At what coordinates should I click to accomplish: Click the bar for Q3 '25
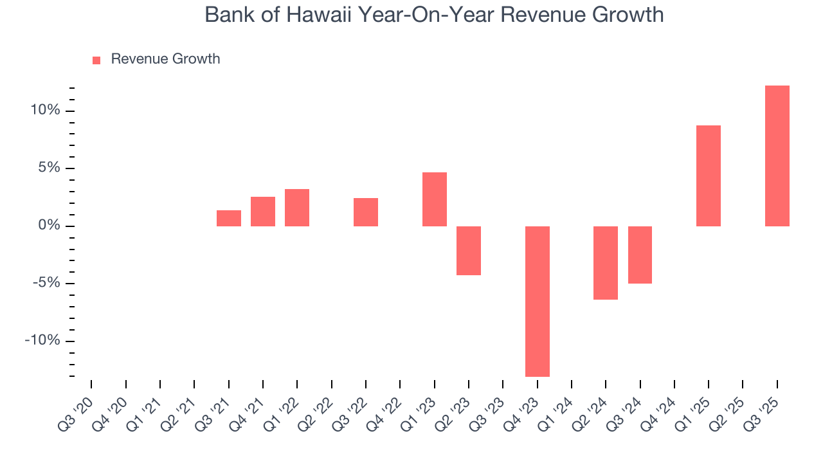[x=777, y=156]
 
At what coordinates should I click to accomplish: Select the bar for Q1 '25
[x=708, y=176]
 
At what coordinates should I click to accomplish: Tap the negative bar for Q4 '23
[x=537, y=301]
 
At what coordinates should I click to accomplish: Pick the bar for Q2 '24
[x=605, y=262]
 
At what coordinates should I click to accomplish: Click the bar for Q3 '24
[x=640, y=255]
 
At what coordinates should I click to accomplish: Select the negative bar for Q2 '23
[x=468, y=250]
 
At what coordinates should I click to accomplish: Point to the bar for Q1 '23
[x=434, y=199]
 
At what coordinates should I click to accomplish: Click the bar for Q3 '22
[x=365, y=212]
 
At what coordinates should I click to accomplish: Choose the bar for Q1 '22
[x=296, y=208]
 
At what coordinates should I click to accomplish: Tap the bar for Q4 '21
[x=262, y=212]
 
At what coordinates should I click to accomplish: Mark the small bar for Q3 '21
[x=228, y=218]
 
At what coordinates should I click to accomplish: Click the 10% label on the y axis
[x=46, y=111]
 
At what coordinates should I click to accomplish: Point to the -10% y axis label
[x=42, y=341]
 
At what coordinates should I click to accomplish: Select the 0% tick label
[x=49, y=226]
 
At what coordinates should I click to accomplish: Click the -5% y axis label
[x=46, y=284]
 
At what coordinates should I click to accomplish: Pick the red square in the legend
[x=96, y=60]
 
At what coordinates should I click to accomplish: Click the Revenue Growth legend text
[x=165, y=59]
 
